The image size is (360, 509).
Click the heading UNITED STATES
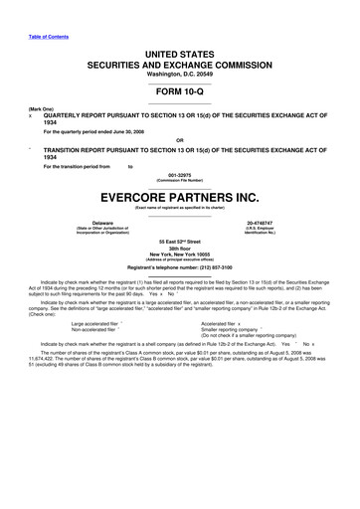(x=180, y=51)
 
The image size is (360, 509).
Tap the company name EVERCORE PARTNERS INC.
(x=180, y=197)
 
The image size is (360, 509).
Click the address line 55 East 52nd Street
(x=180, y=244)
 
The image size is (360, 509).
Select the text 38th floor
(x=180, y=252)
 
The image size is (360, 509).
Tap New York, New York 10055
(x=180, y=258)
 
